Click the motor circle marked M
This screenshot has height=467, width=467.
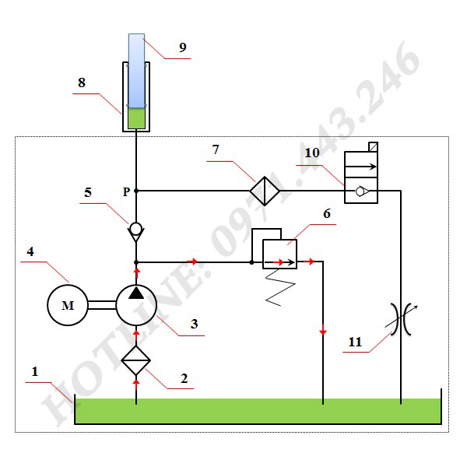pyautogui.click(x=68, y=306)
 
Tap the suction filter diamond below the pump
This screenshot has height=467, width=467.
pyautogui.click(x=136, y=360)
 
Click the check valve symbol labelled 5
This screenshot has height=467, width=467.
pyautogui.click(x=136, y=230)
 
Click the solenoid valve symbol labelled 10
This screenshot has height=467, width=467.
pyautogui.click(x=361, y=178)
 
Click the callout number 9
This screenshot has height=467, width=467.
pyautogui.click(x=183, y=47)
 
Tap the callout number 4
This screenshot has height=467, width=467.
pyautogui.click(x=31, y=251)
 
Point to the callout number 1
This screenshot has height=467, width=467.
pyautogui.click(x=35, y=372)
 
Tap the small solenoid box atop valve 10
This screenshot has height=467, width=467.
pyautogui.click(x=374, y=146)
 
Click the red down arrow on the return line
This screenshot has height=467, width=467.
pyautogui.click(x=322, y=332)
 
